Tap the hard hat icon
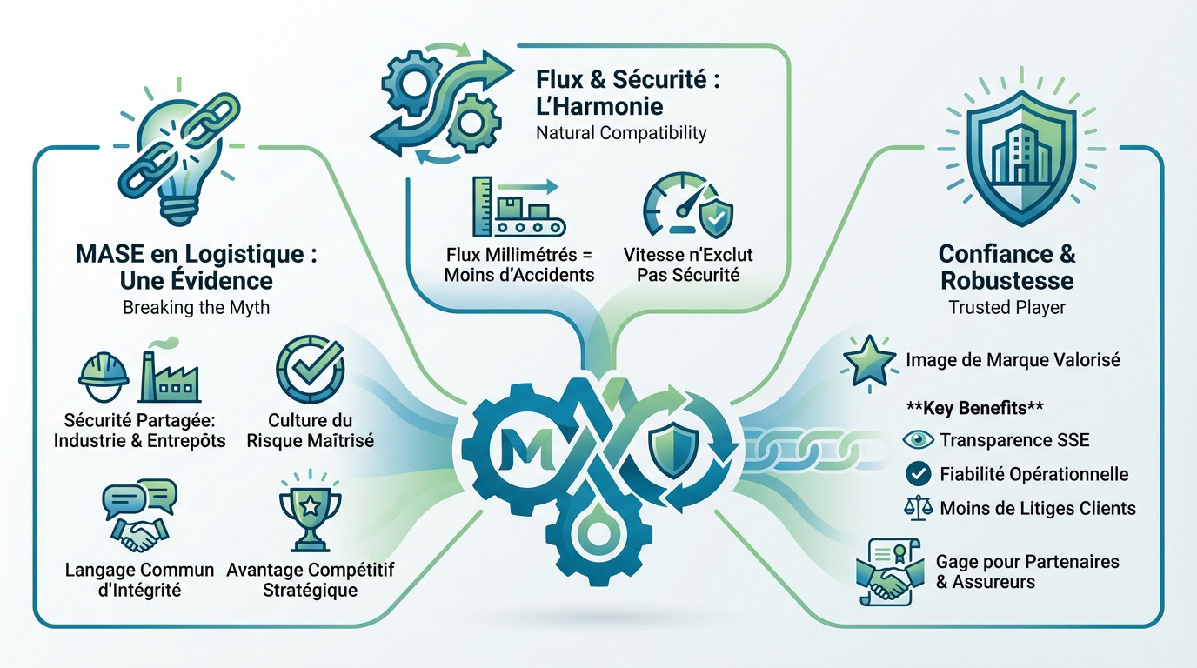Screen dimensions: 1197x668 pos(104,377)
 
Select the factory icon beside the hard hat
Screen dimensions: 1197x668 pos(170,374)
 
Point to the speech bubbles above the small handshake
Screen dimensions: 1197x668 pos(140,498)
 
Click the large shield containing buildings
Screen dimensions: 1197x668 pos(1021,156)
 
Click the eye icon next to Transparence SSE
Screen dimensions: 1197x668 pos(918,440)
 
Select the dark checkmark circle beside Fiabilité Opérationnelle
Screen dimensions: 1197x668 pos(919,474)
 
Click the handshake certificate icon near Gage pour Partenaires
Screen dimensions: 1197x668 pos(890,571)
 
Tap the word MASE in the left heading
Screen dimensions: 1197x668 pos(110,254)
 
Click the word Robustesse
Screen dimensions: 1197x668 pos(1007,281)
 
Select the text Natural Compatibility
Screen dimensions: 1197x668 pos(621,132)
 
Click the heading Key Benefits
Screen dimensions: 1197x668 pos(975,408)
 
